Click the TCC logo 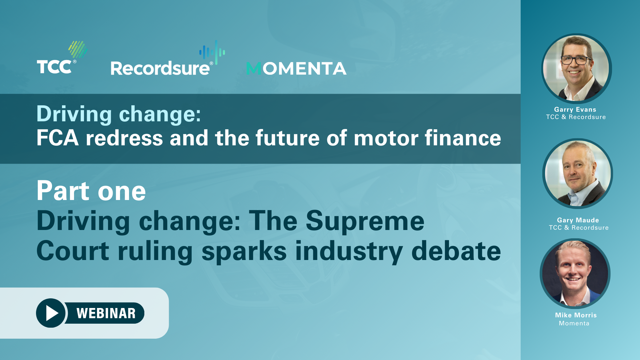click(x=62, y=57)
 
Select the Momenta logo click(x=296, y=68)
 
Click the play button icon click(x=51, y=313)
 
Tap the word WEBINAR click(x=106, y=313)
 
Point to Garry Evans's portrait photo click(x=576, y=68)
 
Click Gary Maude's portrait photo click(x=578, y=174)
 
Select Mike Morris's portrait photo click(x=575, y=273)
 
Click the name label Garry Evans click(x=575, y=109)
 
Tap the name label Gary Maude click(x=578, y=220)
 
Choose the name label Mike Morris click(x=576, y=315)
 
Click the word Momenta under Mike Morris click(x=574, y=323)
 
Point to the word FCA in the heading click(x=57, y=138)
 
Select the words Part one click(x=91, y=191)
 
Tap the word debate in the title click(x=456, y=251)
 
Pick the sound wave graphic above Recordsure click(x=212, y=52)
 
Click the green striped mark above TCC click(x=78, y=49)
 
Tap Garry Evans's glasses click(x=576, y=60)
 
